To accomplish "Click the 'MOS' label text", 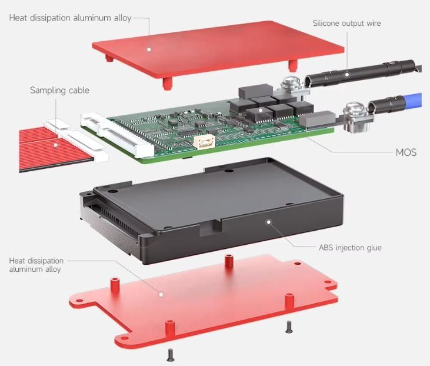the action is tap(406, 152).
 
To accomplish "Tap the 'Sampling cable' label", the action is tap(59, 90).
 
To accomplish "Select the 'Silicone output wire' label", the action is tap(346, 24).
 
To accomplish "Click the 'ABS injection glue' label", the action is tap(350, 248).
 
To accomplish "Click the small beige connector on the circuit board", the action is tap(204, 142).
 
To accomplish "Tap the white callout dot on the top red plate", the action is tap(149, 49).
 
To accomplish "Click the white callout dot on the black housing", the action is tap(269, 222).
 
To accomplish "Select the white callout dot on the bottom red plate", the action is tap(161, 294).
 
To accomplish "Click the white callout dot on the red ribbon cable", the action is tap(56, 145).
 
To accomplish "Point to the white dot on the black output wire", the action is tap(347, 74).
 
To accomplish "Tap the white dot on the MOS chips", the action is tap(261, 110).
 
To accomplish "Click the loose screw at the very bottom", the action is tap(171, 355).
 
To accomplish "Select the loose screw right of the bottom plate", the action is tap(289, 327).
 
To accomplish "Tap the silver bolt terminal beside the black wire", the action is tap(291, 85).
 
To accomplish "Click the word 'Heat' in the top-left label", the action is tap(18, 18).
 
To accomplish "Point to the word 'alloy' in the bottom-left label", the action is tap(53, 269).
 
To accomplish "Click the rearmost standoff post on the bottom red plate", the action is tap(229, 261).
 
